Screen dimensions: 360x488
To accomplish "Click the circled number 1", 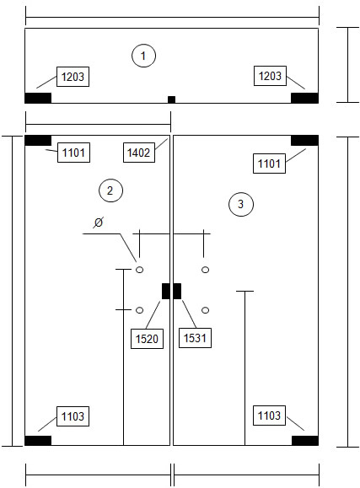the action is [x=143, y=56].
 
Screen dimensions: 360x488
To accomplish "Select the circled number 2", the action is [x=110, y=190].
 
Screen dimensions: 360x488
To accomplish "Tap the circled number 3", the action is [x=241, y=204].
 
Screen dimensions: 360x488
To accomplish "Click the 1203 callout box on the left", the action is [x=73, y=77].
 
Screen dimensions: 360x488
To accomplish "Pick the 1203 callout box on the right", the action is [x=270, y=76].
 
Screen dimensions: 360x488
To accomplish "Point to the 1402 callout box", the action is [x=139, y=153].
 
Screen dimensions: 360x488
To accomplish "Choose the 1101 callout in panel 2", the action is [x=74, y=153].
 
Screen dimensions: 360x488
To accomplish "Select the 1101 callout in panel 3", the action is [x=270, y=163].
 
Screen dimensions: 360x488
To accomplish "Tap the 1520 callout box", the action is [x=147, y=339].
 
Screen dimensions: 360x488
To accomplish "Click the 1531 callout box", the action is [x=195, y=338].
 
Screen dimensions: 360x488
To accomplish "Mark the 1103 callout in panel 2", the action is [x=73, y=416].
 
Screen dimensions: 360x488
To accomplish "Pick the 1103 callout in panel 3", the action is [x=270, y=416].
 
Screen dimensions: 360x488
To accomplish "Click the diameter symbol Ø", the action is [x=99, y=223].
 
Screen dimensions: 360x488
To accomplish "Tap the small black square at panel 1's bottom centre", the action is [x=172, y=99].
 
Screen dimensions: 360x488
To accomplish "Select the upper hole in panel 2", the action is [x=139, y=270].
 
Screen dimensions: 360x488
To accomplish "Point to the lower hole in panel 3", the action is [x=205, y=310].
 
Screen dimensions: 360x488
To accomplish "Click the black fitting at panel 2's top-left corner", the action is [x=38, y=141].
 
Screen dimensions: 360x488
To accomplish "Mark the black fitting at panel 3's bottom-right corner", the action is [x=305, y=441].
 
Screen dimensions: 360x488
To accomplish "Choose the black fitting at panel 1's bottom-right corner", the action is [x=304, y=98].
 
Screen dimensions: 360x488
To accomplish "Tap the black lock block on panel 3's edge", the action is [x=177, y=291].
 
